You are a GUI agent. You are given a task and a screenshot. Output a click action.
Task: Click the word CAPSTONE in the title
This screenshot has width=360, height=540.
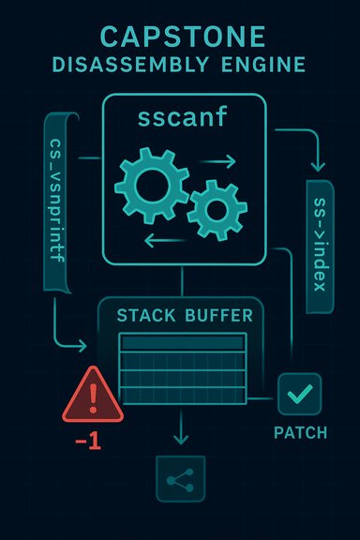[x=180, y=37]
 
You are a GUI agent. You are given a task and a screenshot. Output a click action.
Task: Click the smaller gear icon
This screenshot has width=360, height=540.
[x=217, y=207]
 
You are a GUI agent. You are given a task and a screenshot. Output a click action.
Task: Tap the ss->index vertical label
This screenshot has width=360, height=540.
[x=318, y=246]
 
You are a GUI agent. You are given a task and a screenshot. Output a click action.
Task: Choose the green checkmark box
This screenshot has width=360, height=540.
[x=299, y=395]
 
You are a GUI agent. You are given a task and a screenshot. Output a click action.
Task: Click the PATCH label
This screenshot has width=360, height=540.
[x=300, y=433]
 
